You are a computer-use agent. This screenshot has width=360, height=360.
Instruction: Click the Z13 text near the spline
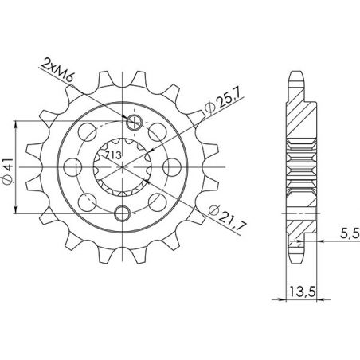coord(112,156)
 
